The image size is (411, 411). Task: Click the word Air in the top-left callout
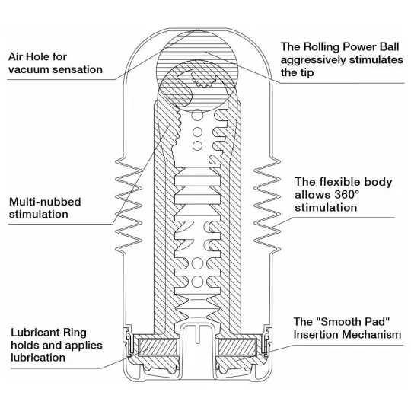pos(14,56)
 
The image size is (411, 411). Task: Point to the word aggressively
pos(314,60)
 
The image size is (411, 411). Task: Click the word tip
pos(307,72)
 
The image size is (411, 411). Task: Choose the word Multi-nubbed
pos(45,202)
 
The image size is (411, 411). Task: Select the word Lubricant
pos(33,333)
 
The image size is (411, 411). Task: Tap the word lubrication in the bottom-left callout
pos(38,358)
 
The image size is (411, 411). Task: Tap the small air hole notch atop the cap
pos(198,30)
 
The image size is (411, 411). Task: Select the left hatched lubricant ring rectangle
pos(158,347)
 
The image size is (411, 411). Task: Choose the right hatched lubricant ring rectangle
pos(237,347)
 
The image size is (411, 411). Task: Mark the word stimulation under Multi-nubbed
pos(39,215)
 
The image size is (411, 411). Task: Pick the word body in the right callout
pos(379,182)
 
